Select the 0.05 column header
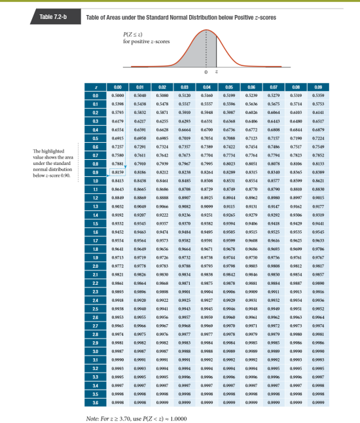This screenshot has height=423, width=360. pyautogui.click(x=230, y=86)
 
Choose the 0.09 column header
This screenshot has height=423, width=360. pyautogui.click(x=319, y=86)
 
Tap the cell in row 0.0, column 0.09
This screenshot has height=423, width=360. pyautogui.click(x=319, y=96)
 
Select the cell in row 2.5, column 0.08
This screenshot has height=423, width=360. pyautogui.click(x=297, y=325)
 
